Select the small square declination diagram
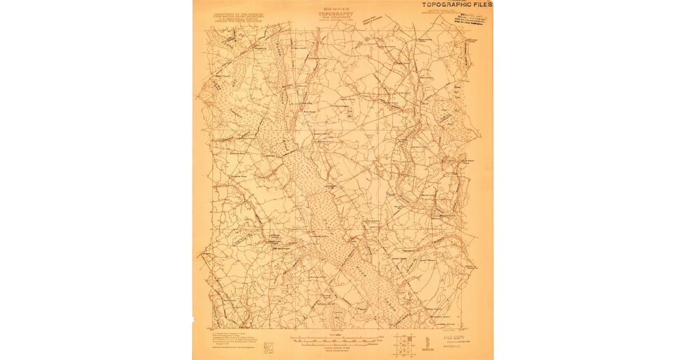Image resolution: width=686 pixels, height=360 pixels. coord(268,346)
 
